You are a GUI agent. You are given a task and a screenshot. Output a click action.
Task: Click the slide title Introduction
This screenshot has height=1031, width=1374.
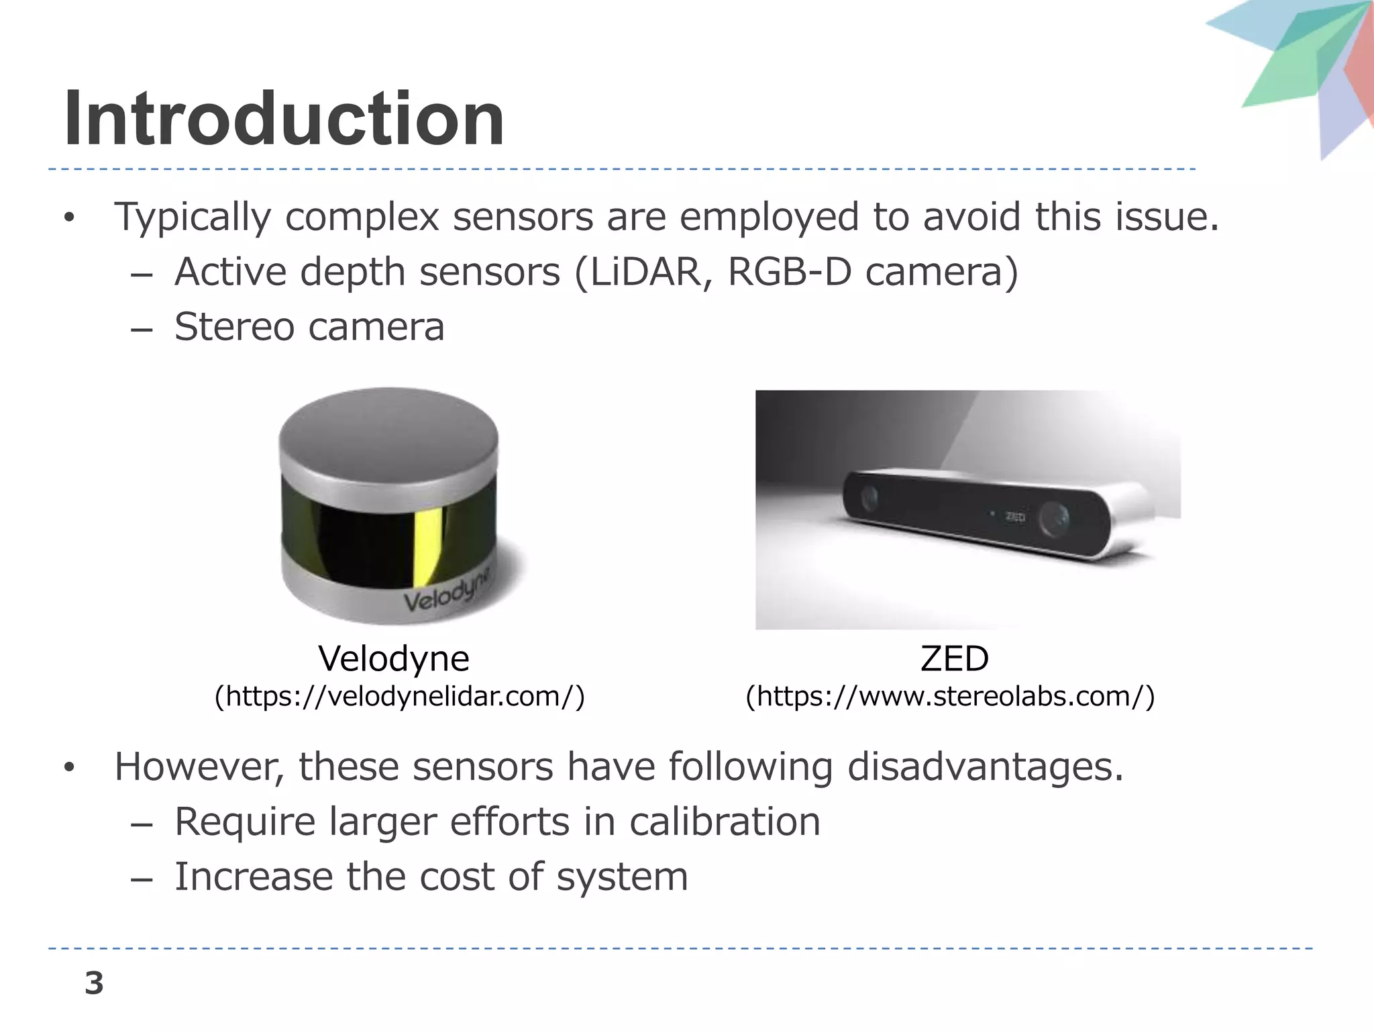click(x=283, y=119)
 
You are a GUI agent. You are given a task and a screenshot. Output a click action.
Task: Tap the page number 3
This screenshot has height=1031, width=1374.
click(x=94, y=983)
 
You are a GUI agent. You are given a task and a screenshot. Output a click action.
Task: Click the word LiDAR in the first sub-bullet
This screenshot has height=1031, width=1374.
click(x=645, y=273)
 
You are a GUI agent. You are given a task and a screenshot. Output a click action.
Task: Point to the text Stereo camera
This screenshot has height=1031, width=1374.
click(x=309, y=328)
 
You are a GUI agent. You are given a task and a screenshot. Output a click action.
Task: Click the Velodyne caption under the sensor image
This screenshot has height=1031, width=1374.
click(x=394, y=658)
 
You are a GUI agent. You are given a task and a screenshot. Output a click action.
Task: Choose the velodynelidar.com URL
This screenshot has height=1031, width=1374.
click(x=400, y=697)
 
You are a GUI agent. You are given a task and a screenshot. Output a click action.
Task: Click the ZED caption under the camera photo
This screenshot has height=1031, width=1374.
click(x=954, y=658)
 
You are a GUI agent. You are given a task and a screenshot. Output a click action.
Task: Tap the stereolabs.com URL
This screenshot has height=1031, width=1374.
click(x=951, y=697)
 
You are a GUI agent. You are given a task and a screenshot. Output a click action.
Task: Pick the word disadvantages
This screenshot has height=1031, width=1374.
click(x=985, y=767)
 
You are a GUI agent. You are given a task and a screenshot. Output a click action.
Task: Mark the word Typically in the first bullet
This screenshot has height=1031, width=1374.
click(x=192, y=218)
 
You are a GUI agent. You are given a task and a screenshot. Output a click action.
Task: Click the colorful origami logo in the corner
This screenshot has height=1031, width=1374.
click(x=1302, y=67)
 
